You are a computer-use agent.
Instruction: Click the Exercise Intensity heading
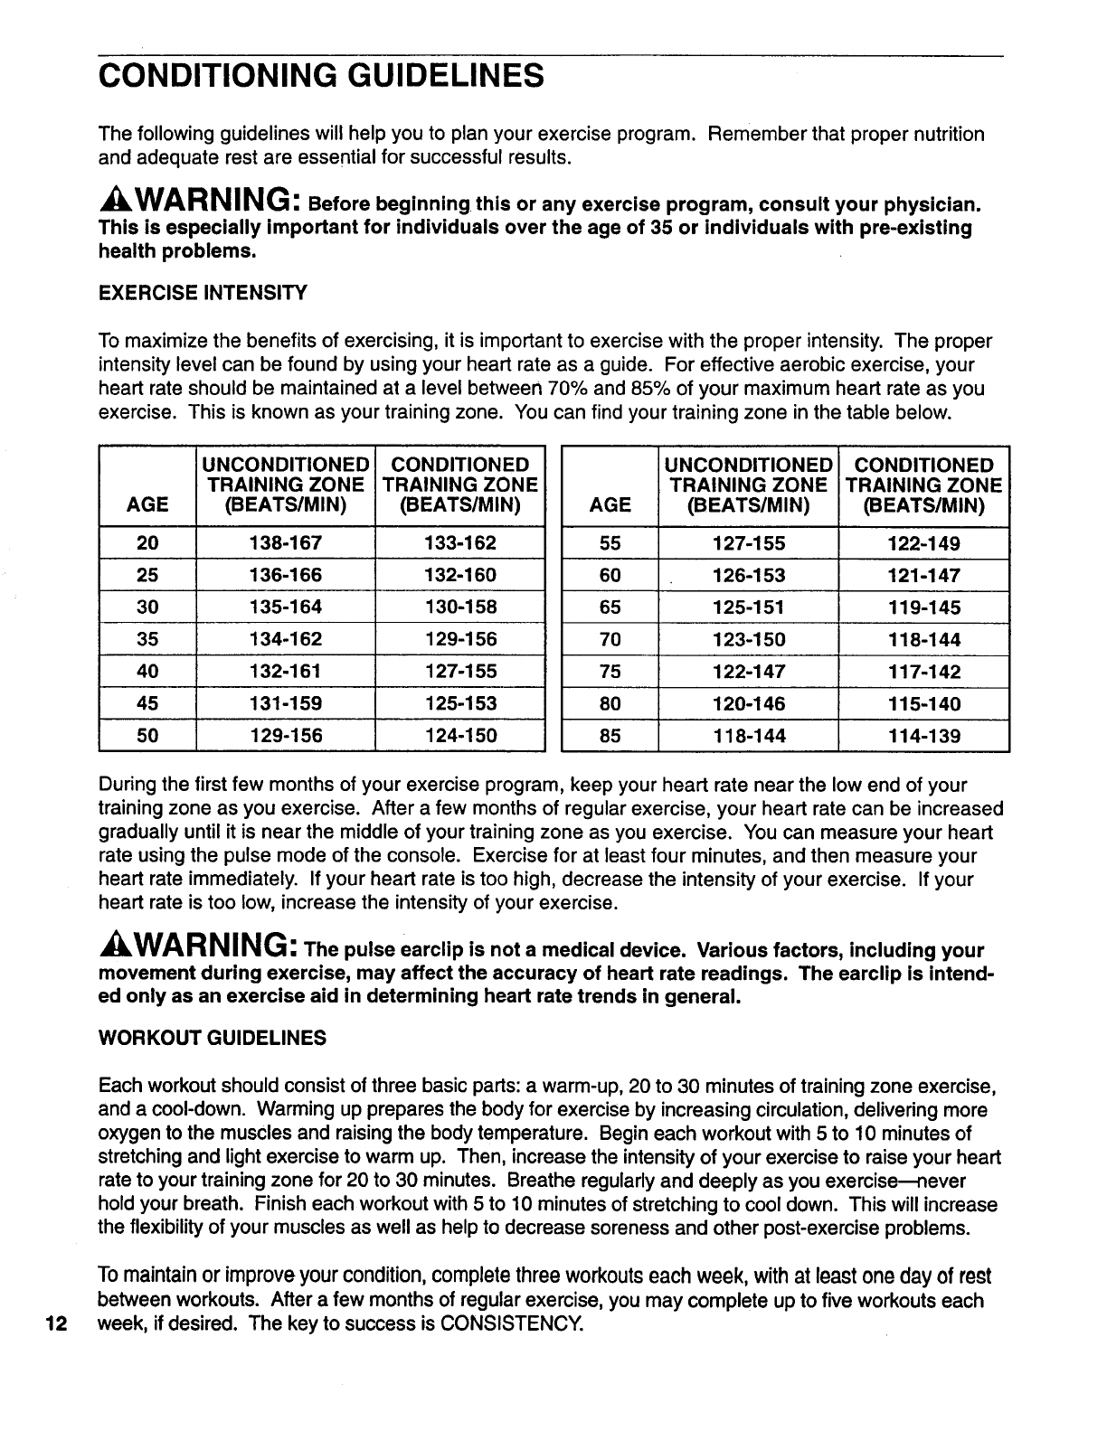(x=203, y=293)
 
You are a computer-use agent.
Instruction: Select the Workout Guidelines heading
(x=212, y=1038)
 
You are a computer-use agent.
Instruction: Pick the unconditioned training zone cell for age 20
(x=285, y=543)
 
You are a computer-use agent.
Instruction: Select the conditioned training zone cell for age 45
(x=460, y=703)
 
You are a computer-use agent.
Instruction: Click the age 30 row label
(x=147, y=607)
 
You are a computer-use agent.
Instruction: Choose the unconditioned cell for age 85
(x=748, y=736)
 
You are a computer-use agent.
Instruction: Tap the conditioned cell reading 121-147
(x=923, y=576)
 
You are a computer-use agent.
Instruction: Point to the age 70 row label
(x=610, y=640)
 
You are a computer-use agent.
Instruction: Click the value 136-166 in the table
(x=285, y=576)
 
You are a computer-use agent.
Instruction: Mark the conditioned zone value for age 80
(x=923, y=704)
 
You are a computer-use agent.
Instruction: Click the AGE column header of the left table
(x=147, y=504)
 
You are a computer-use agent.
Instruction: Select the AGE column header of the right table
(x=610, y=504)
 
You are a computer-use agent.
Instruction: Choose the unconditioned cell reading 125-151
(x=748, y=607)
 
